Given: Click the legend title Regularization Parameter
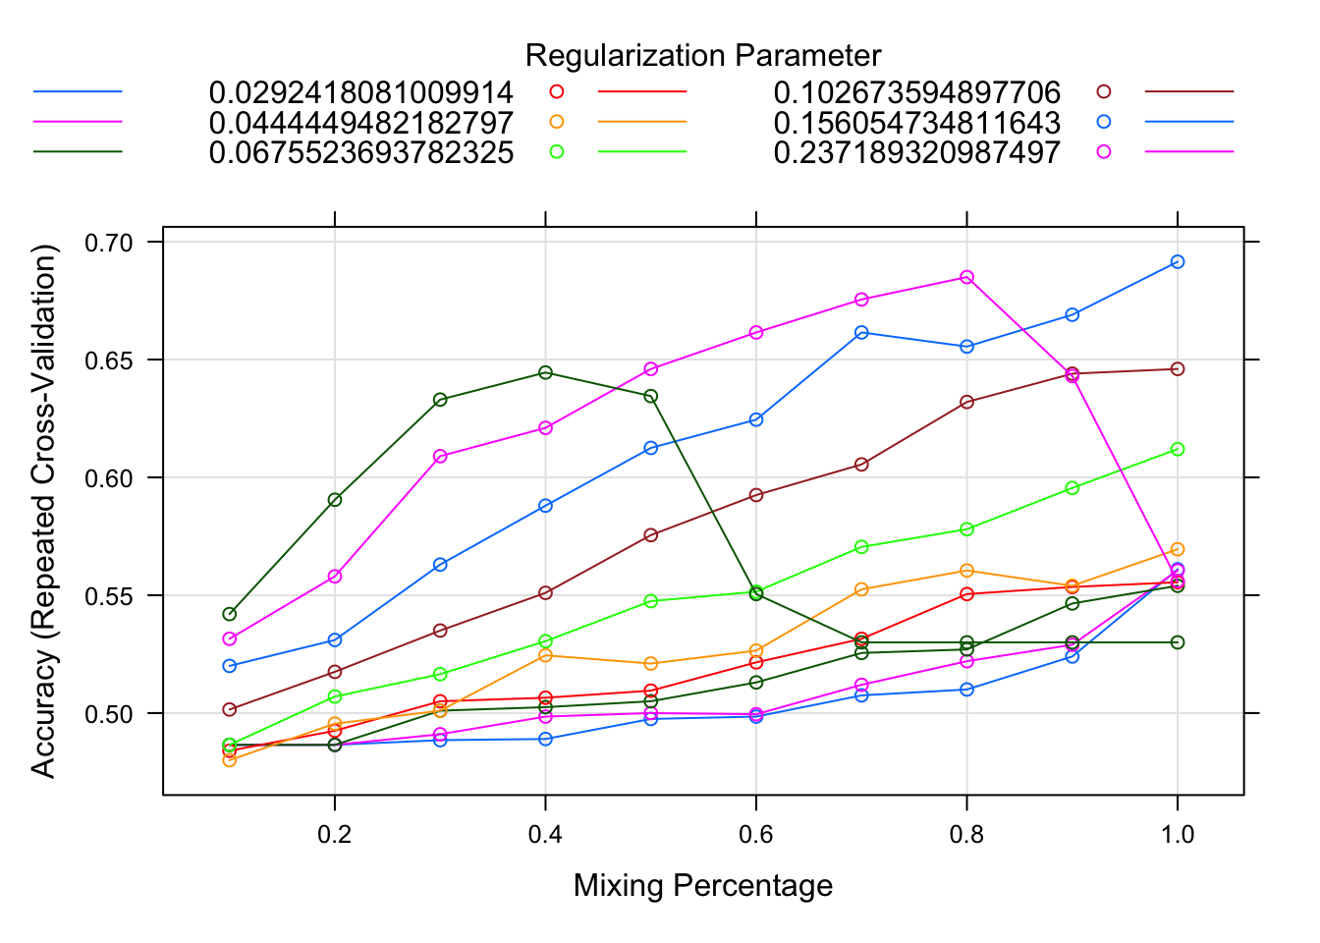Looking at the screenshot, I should coord(703,56).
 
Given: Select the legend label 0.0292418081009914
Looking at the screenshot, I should coord(360,93).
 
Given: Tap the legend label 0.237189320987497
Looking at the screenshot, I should coord(916,152).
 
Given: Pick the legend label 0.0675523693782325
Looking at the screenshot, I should coord(360,152).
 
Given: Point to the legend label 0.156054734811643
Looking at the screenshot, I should coord(916,123).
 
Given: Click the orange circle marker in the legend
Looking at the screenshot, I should coord(557,122).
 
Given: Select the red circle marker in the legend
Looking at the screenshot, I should coord(557,92).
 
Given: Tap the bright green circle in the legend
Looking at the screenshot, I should coord(557,151).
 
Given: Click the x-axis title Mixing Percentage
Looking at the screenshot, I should coord(703,885).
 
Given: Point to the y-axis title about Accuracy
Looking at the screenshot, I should coord(44,511).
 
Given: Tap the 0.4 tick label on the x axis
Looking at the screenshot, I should coord(545,834).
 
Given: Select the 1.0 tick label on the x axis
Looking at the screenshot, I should coord(1178,834).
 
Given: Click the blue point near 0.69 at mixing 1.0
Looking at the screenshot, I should coord(1178,261).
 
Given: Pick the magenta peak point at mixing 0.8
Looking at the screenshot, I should coord(966,277).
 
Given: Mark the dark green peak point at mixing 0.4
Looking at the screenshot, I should coord(545,372).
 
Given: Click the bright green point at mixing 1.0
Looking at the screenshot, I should coord(1178,449).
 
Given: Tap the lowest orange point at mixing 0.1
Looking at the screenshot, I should coord(230,759).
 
